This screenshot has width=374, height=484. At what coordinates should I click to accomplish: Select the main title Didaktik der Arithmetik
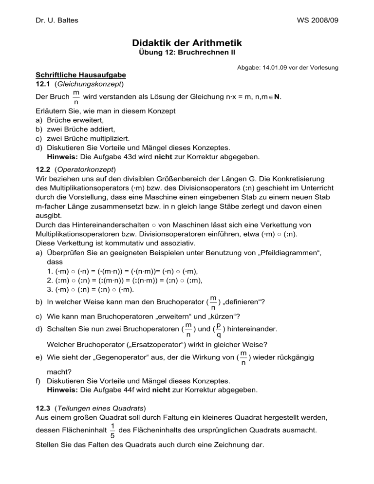187,43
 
